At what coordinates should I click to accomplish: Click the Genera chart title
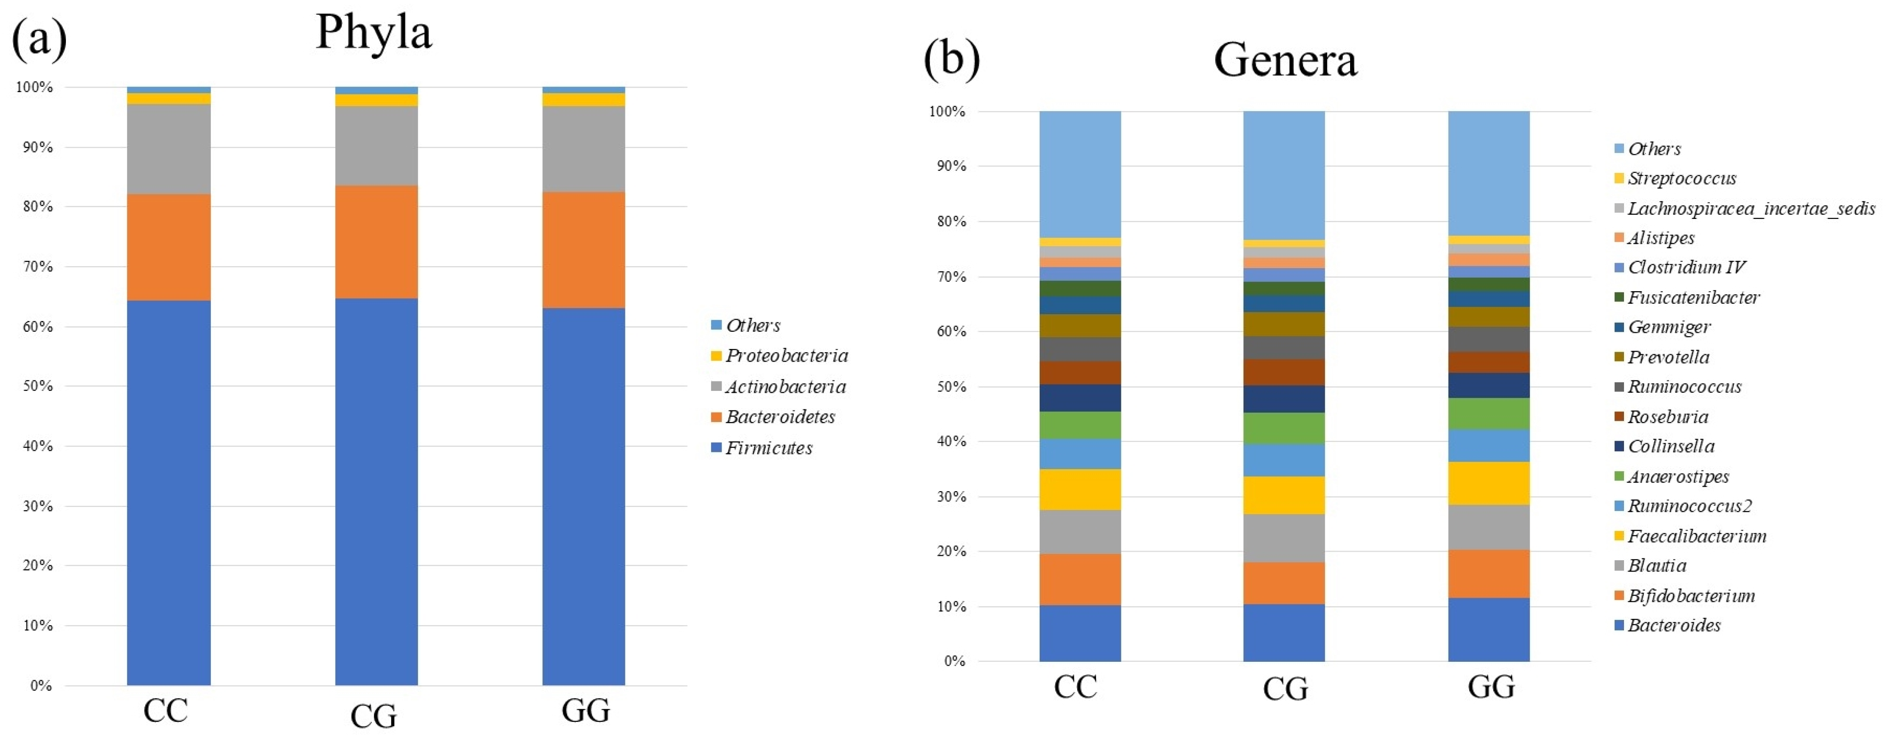1285,60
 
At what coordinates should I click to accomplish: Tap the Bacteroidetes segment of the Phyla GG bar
583,249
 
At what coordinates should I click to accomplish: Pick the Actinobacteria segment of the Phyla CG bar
376,145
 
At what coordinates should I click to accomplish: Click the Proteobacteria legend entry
786,356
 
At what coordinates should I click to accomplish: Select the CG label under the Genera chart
1285,688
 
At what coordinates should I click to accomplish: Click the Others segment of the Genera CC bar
1079,174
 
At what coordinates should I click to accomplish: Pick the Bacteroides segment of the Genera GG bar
1489,629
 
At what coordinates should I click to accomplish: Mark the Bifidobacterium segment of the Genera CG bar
1283,583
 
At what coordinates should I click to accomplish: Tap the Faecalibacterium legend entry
1696,536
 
